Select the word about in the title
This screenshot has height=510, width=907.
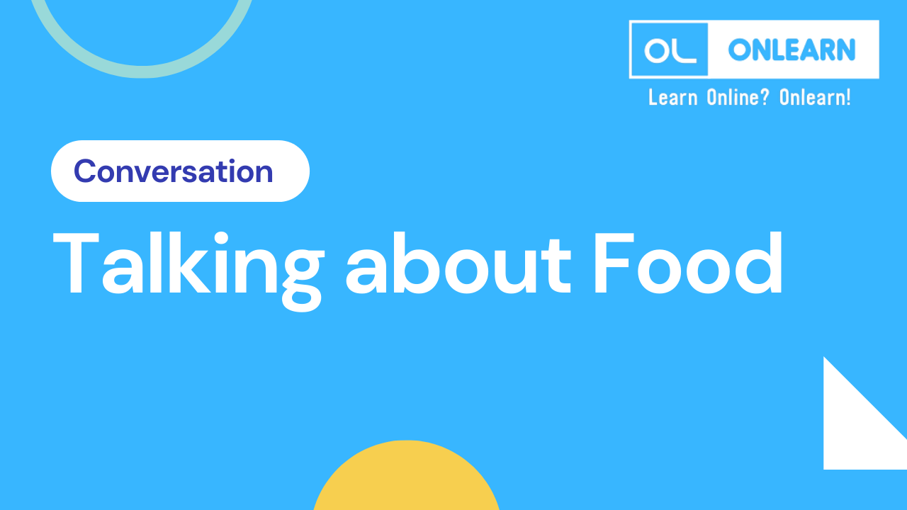[x=458, y=263]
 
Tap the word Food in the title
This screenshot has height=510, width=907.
[x=688, y=263]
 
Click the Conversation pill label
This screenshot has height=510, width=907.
[x=174, y=171]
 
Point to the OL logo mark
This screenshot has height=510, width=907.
[x=669, y=50]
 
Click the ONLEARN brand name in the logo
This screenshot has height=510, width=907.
[x=791, y=50]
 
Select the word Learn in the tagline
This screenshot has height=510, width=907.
[x=672, y=97]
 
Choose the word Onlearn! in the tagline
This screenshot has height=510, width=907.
[x=815, y=97]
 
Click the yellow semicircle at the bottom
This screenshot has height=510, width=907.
[x=407, y=482]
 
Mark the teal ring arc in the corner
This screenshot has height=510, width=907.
[x=142, y=67]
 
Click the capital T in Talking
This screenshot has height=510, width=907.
[x=77, y=263]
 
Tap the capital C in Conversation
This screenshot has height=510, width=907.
[x=85, y=171]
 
